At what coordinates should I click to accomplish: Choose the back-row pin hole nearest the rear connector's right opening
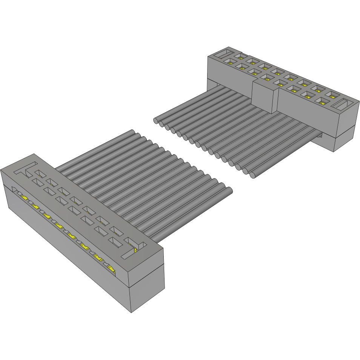(x=332, y=94)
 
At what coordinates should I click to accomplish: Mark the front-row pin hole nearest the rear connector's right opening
(x=321, y=101)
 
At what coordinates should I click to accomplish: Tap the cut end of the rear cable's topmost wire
(x=156, y=120)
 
